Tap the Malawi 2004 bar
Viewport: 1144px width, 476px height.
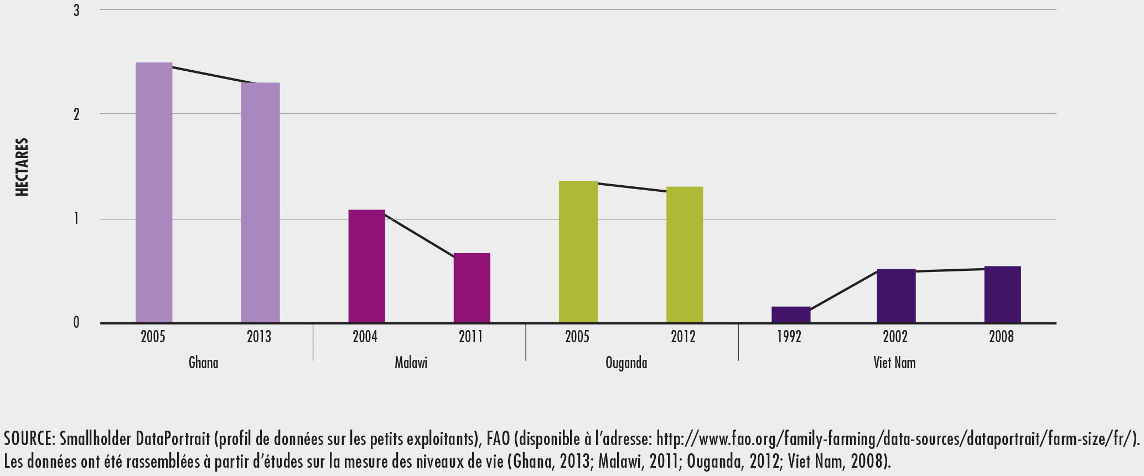[366, 266]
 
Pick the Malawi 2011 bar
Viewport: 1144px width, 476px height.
[472, 287]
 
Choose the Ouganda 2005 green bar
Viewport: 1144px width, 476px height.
[578, 252]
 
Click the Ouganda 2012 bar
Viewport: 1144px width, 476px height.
[684, 254]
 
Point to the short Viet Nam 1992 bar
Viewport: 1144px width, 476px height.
[790, 315]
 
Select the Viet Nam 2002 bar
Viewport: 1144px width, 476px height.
[896, 296]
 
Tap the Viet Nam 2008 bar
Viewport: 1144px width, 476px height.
[1002, 294]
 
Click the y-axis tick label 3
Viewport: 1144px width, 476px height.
[76, 11]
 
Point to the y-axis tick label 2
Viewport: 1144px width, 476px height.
[76, 114]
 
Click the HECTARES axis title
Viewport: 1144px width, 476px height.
[22, 167]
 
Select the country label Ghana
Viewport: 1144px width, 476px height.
[203, 363]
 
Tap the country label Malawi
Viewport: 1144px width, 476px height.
[411, 363]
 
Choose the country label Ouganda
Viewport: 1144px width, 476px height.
[626, 363]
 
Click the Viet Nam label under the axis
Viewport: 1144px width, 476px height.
[894, 363]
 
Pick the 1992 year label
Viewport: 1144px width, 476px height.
[789, 337]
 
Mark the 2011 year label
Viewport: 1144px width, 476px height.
[470, 337]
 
